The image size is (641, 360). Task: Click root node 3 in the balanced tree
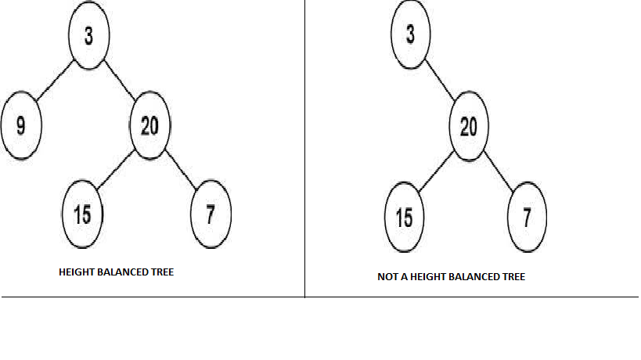(88, 35)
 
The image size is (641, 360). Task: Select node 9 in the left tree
(21, 125)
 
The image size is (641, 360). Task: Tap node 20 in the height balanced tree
(149, 125)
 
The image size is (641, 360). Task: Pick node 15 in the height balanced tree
(82, 214)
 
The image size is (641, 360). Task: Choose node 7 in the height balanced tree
(211, 214)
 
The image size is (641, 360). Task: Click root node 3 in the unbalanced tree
(410, 34)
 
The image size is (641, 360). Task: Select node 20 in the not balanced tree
(469, 126)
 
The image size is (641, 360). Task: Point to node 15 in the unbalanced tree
(405, 217)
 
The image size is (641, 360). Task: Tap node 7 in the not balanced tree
(527, 217)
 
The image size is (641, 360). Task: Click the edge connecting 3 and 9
(56, 81)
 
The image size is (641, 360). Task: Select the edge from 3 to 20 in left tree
(120, 80)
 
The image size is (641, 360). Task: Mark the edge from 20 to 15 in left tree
(116, 170)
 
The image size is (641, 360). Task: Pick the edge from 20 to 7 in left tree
(181, 170)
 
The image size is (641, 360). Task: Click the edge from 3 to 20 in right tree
(440, 80)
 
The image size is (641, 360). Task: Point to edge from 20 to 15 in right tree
(437, 171)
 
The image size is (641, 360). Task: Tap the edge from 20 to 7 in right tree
(499, 171)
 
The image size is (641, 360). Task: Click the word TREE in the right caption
(514, 276)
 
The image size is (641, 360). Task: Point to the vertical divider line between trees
(304, 149)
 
